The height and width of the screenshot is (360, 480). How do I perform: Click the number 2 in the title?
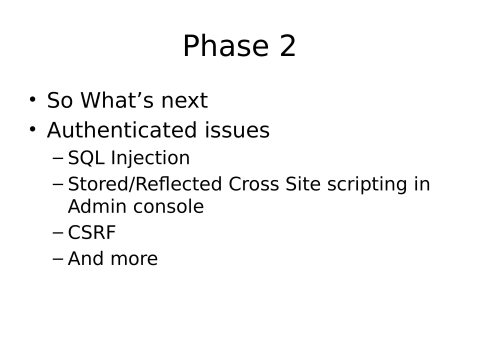[x=286, y=46]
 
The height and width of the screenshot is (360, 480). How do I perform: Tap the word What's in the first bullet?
[x=123, y=101]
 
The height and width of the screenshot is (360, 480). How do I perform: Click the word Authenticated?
[x=123, y=131]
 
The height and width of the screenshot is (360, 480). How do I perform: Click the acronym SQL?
[x=85, y=158]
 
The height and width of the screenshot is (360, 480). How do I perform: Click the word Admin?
[x=93, y=207]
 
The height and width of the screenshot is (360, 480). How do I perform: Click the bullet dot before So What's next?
[x=32, y=101]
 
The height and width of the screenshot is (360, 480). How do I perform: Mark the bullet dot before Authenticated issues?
[x=32, y=131]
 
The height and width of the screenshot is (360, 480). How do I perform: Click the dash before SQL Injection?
[x=57, y=159]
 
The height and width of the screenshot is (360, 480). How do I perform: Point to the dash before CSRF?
[x=57, y=234]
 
